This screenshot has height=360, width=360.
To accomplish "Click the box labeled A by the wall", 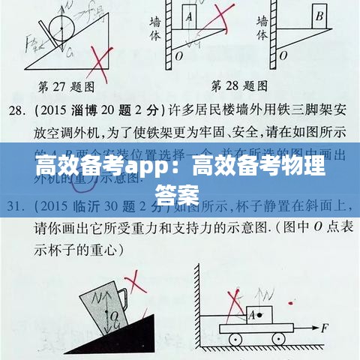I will coord(189,16).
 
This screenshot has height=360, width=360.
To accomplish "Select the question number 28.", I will coord(17,110).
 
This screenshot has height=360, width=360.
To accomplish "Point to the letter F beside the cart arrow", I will coord(325,328).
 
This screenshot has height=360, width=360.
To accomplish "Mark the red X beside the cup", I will coord(137,289).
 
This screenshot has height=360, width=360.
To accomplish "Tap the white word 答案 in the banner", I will coord(178,193).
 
